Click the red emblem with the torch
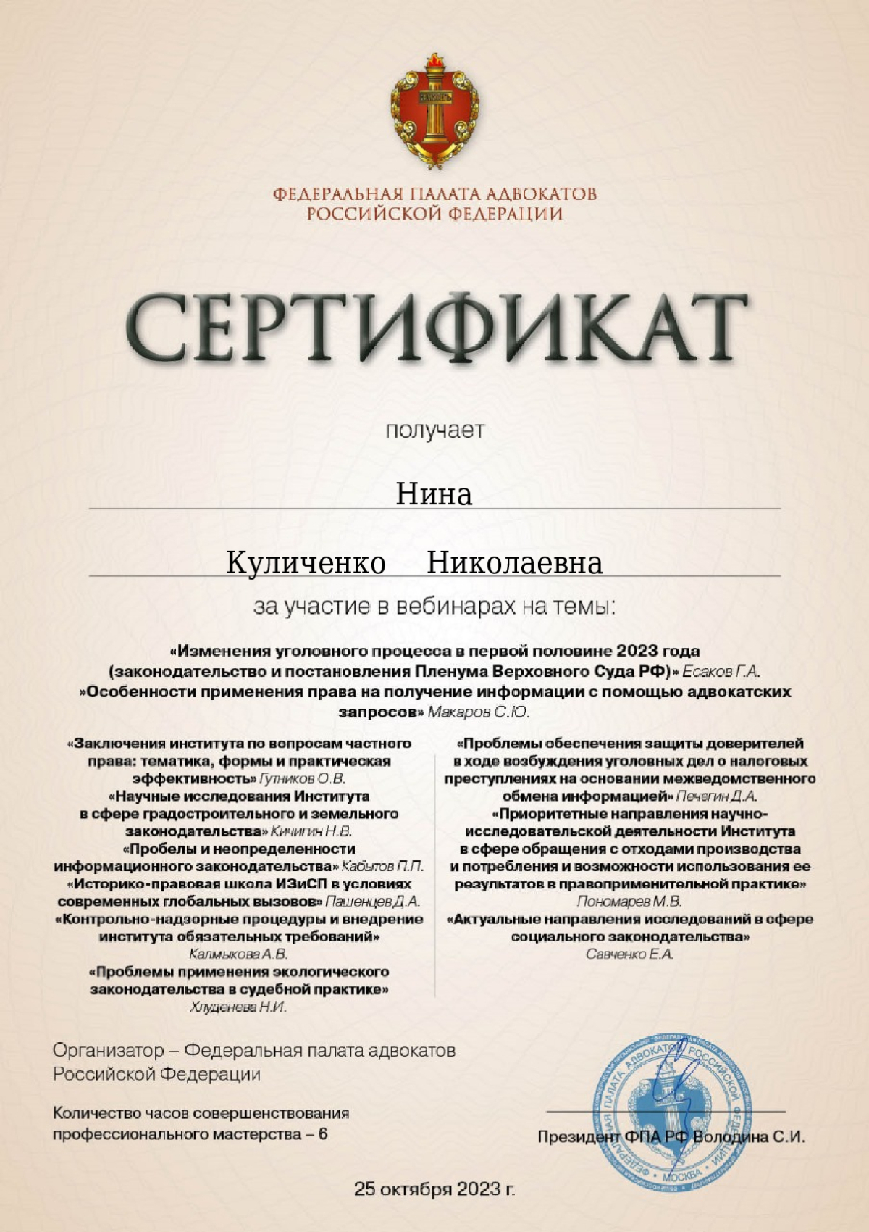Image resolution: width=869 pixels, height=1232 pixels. (x=434, y=116)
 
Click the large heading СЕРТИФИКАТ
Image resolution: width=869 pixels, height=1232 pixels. (x=434, y=330)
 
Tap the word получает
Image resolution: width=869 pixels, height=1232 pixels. (x=434, y=430)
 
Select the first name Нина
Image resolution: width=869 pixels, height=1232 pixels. (x=434, y=494)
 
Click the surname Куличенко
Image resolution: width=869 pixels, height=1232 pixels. (x=306, y=563)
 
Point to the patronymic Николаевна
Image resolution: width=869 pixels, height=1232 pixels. (x=514, y=563)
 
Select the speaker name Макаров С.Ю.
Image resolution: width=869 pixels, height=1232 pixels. (x=479, y=712)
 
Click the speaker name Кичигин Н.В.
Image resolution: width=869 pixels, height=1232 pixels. (x=311, y=831)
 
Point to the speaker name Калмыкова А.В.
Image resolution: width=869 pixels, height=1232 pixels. (x=238, y=954)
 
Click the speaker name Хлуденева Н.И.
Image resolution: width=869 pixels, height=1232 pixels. (x=238, y=1007)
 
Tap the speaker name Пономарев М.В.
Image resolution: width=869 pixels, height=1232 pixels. (x=629, y=902)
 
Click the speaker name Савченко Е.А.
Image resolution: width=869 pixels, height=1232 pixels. (x=629, y=954)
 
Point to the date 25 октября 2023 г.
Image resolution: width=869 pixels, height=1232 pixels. (x=434, y=1189)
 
